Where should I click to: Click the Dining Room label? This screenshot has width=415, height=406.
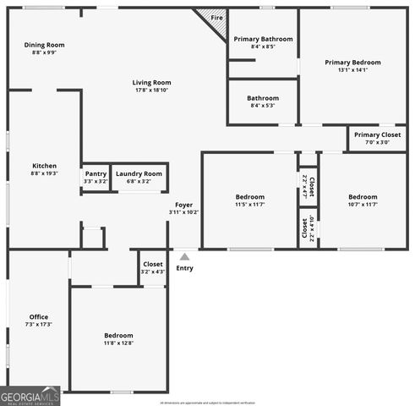[x=44, y=45]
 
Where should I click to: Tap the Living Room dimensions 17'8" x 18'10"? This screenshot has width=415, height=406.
[x=151, y=90]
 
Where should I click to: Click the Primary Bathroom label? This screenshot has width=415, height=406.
[x=263, y=39]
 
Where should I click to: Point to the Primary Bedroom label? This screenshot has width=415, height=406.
[x=352, y=63]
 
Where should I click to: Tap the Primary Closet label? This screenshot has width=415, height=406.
[x=377, y=134]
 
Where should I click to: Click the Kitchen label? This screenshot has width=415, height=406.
[x=44, y=166]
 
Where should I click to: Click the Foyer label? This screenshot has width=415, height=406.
[x=183, y=205]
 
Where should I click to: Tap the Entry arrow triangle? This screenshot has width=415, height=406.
[x=184, y=255]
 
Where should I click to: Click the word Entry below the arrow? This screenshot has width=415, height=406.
[x=184, y=268]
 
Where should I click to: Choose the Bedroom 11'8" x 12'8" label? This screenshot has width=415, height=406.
[x=118, y=338]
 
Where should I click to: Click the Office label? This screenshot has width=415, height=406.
[x=39, y=317]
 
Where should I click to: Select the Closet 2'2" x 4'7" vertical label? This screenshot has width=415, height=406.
[x=309, y=186]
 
